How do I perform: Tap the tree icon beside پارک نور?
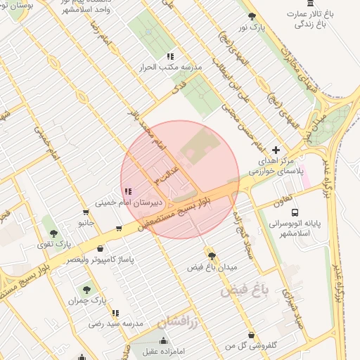point(251,15)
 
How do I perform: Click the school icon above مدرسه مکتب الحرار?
point(169,56)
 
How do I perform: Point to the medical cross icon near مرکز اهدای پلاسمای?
point(276,150)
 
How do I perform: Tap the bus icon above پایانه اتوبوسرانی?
point(295,212)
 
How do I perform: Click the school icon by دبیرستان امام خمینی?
point(128,191)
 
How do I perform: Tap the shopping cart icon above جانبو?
point(86,212)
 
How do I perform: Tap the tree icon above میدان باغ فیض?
point(211,255)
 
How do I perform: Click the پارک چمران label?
point(86,300)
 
